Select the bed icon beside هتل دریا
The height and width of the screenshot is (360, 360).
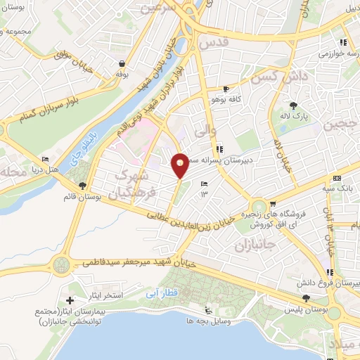tap(46, 159)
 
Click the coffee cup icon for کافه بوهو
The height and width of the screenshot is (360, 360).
tap(225, 89)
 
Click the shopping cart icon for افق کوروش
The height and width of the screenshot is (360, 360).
tap(273, 204)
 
